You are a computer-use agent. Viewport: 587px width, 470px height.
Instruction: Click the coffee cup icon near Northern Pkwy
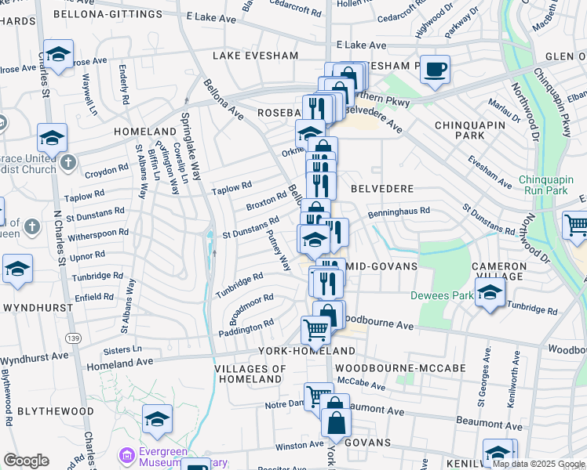434,69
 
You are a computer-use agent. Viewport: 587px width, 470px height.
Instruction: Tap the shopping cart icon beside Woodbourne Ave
315,330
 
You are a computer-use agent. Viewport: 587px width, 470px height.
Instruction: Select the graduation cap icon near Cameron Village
490,295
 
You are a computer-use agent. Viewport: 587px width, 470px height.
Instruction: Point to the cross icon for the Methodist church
68,162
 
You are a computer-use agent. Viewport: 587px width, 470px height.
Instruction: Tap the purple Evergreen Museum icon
126,455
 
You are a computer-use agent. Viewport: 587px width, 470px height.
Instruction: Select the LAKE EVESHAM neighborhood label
255,56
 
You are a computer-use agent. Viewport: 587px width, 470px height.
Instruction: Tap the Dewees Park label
440,296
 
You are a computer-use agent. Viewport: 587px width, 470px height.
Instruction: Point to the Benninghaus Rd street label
399,211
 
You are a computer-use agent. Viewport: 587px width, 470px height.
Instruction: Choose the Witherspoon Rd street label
97,233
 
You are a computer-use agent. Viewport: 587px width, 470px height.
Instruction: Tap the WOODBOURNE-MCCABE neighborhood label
400,367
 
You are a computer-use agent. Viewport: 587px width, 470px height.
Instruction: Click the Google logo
26,461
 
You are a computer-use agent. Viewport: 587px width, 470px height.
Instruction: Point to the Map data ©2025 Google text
537,464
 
